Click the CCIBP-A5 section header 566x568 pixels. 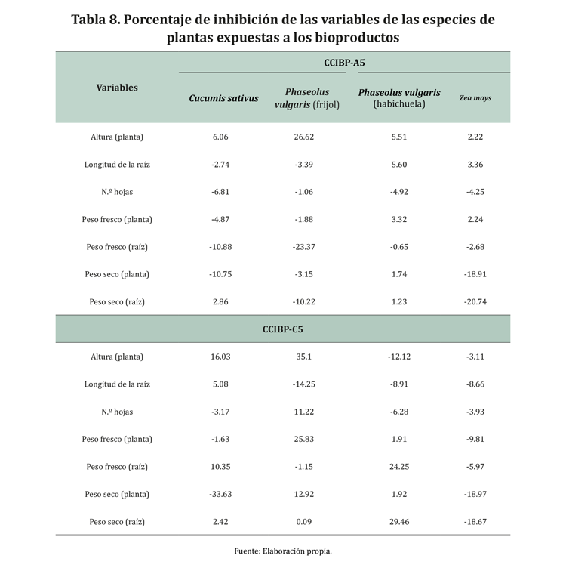tap(344, 63)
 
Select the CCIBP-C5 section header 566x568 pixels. tap(282, 329)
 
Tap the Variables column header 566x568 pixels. tap(117, 88)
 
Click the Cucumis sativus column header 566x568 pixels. tap(223, 98)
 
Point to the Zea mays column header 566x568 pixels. tap(475, 98)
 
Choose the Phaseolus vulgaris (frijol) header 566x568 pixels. tap(307, 98)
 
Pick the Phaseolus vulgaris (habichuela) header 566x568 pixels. tap(399, 98)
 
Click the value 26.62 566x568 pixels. tap(305, 137)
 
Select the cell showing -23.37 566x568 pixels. tap(305, 247)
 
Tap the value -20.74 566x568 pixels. tap(475, 302)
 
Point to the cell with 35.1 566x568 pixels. tap(305, 357)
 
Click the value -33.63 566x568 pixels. tap(220, 494)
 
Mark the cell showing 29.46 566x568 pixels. tap(399, 522)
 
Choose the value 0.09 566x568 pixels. tap(305, 522)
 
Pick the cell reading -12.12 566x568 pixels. tap(399, 357)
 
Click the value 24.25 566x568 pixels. tap(399, 467)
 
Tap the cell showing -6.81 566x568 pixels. tap(220, 192)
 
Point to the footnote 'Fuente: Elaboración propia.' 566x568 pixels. tap(283, 551)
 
